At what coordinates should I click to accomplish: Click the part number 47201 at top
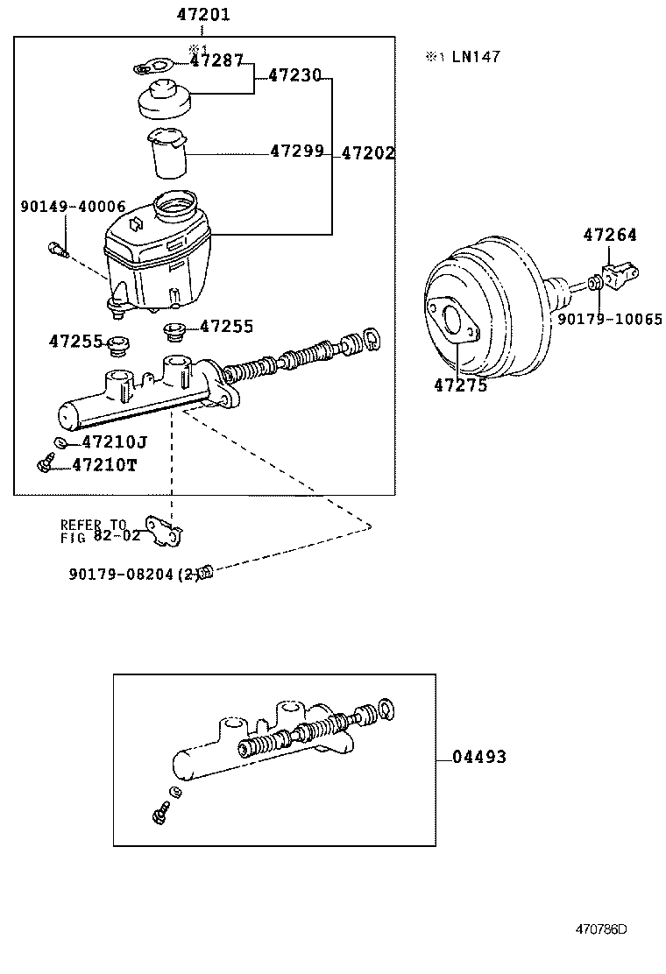[203, 15]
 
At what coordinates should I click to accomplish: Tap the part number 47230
[294, 76]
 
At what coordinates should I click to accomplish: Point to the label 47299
[296, 152]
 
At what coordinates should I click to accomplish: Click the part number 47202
[367, 153]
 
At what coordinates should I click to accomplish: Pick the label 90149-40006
[73, 208]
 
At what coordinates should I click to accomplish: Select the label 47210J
[113, 442]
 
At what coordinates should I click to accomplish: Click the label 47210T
[104, 464]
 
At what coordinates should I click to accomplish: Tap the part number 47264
[610, 235]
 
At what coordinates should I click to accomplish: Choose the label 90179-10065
[610, 320]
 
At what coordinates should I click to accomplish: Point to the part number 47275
[460, 385]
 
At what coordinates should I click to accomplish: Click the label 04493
[479, 758]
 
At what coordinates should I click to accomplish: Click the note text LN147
[475, 57]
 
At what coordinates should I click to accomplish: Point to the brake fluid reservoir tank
[158, 254]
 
